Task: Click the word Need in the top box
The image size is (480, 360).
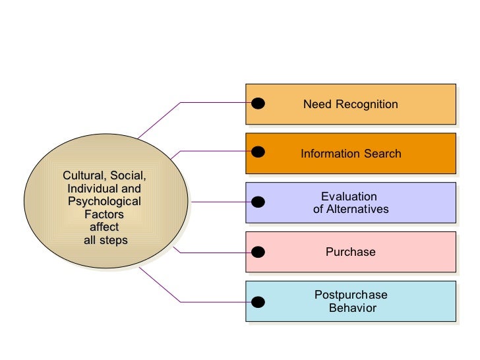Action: (315, 104)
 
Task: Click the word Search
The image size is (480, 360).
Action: (380, 154)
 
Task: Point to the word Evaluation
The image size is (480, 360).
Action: (349, 196)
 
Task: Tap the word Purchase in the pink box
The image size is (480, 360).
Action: (350, 252)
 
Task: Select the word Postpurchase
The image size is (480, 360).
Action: (351, 295)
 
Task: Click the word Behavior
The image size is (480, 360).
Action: (352, 308)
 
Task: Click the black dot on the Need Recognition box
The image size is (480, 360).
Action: (258, 103)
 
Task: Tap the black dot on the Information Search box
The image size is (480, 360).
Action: (258, 152)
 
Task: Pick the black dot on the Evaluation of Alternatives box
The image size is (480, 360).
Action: (258, 202)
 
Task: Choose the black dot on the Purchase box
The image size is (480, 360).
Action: (258, 251)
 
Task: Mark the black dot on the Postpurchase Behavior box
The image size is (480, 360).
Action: (258, 301)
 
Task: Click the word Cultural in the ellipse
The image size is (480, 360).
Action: (84, 176)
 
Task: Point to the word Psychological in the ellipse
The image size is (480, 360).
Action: (104, 201)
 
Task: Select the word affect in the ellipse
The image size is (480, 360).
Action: (104, 227)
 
